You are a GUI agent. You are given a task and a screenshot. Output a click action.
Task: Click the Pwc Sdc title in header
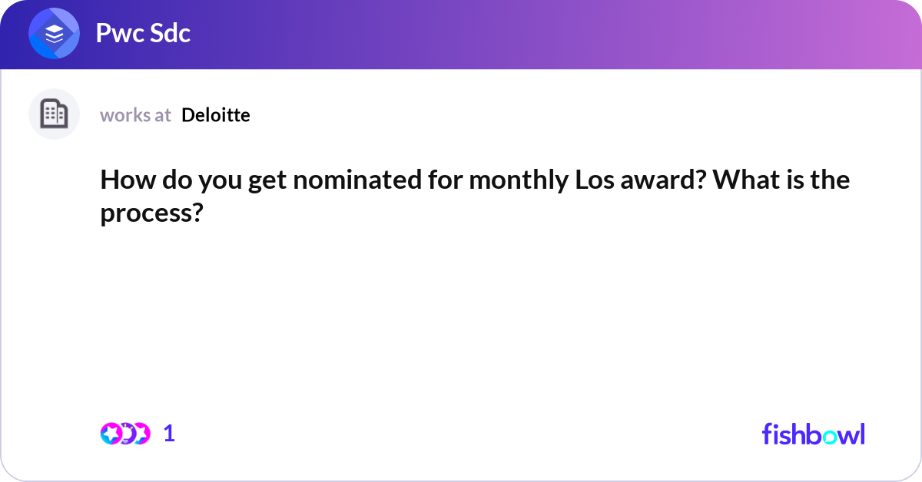[143, 34]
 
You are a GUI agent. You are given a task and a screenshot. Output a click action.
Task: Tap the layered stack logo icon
[55, 34]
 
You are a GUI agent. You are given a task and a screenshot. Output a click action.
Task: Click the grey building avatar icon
[54, 114]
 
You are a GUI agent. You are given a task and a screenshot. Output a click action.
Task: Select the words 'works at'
[135, 115]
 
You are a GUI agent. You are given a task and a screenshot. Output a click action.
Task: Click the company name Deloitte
[216, 115]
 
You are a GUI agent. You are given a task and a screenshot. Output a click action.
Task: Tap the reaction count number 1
[169, 434]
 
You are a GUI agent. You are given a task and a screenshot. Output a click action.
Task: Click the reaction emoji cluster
[124, 434]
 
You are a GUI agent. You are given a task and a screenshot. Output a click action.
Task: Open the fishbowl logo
[813, 434]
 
